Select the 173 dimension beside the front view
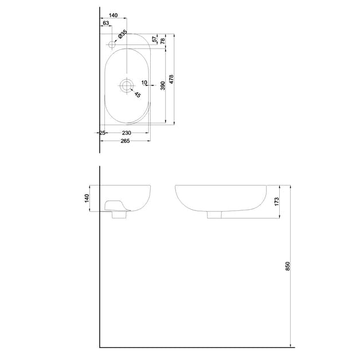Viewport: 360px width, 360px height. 276,202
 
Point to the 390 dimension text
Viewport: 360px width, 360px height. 163,85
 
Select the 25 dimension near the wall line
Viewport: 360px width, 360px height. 102,132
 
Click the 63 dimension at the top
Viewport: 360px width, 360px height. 106,24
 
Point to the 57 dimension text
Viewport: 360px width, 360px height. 155,40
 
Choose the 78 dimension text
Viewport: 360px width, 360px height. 163,41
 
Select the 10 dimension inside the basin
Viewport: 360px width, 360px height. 144,83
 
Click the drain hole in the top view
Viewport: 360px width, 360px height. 126,86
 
